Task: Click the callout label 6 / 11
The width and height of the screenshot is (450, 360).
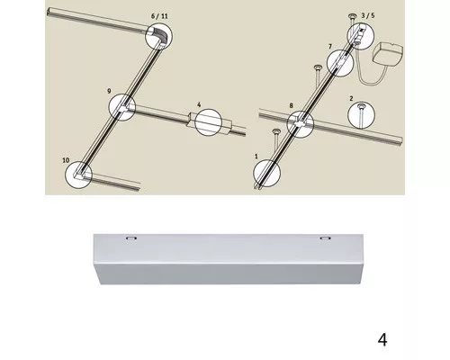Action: (x=159, y=16)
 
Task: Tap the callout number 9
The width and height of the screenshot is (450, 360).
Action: (x=109, y=91)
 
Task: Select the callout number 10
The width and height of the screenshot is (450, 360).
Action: (x=66, y=160)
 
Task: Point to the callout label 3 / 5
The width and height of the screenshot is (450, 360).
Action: (x=368, y=15)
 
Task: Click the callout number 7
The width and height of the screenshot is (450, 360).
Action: (x=330, y=47)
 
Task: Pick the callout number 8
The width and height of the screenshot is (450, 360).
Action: (x=291, y=105)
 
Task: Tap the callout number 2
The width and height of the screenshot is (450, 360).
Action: (x=351, y=98)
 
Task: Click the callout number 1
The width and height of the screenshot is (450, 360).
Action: (x=256, y=157)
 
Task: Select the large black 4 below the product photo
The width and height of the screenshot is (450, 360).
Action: (x=382, y=340)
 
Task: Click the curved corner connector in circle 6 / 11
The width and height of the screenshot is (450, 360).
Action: (x=159, y=35)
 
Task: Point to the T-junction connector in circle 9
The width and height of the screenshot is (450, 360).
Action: (x=123, y=107)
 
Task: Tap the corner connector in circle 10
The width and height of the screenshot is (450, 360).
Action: (x=80, y=175)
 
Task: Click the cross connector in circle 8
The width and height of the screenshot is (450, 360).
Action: (x=301, y=123)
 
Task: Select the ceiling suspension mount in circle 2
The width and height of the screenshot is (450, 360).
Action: (x=361, y=112)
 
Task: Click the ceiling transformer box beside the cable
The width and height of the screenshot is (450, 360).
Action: (x=388, y=55)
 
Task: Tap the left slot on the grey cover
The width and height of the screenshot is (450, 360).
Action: (x=131, y=238)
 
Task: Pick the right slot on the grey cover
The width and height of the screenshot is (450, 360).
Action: (x=324, y=238)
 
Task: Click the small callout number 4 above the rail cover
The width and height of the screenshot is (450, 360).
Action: (x=199, y=104)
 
